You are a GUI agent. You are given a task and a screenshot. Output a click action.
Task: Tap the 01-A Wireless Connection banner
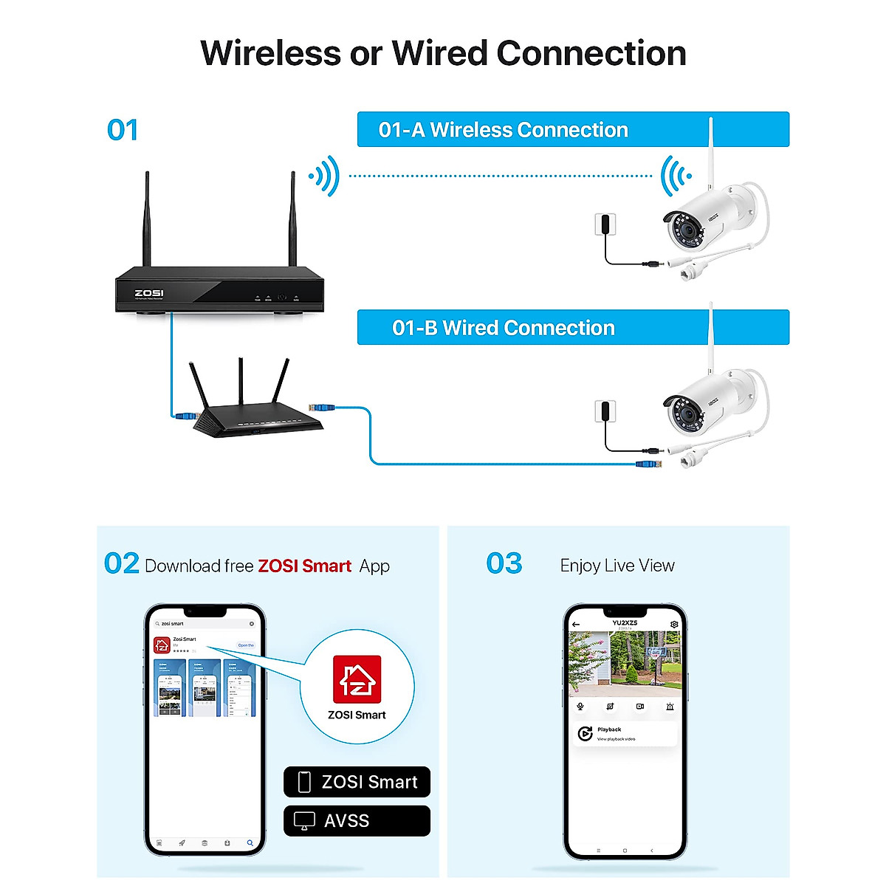pyautogui.click(x=573, y=130)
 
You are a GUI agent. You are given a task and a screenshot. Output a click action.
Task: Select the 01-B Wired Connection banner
pyautogui.click(x=573, y=328)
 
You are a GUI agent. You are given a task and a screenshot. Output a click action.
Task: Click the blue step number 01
pyautogui.click(x=123, y=131)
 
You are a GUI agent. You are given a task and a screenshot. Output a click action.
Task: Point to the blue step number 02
pyautogui.click(x=122, y=564)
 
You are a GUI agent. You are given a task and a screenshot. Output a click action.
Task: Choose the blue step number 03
pyautogui.click(x=504, y=564)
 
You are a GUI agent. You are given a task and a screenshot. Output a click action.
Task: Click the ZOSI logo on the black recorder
pyautogui.click(x=149, y=293)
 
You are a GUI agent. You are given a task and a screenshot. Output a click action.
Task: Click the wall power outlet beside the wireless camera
pyautogui.click(x=605, y=224)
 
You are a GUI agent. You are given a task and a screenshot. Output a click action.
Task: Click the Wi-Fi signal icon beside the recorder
pyautogui.click(x=325, y=176)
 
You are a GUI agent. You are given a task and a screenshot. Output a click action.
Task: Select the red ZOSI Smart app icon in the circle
pyautogui.click(x=357, y=680)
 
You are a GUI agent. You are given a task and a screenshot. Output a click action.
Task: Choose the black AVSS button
pyautogui.click(x=357, y=820)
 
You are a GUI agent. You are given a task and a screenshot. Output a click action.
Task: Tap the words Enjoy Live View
pyautogui.click(x=617, y=566)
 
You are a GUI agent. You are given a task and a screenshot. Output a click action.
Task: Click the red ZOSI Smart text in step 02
pyautogui.click(x=304, y=566)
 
